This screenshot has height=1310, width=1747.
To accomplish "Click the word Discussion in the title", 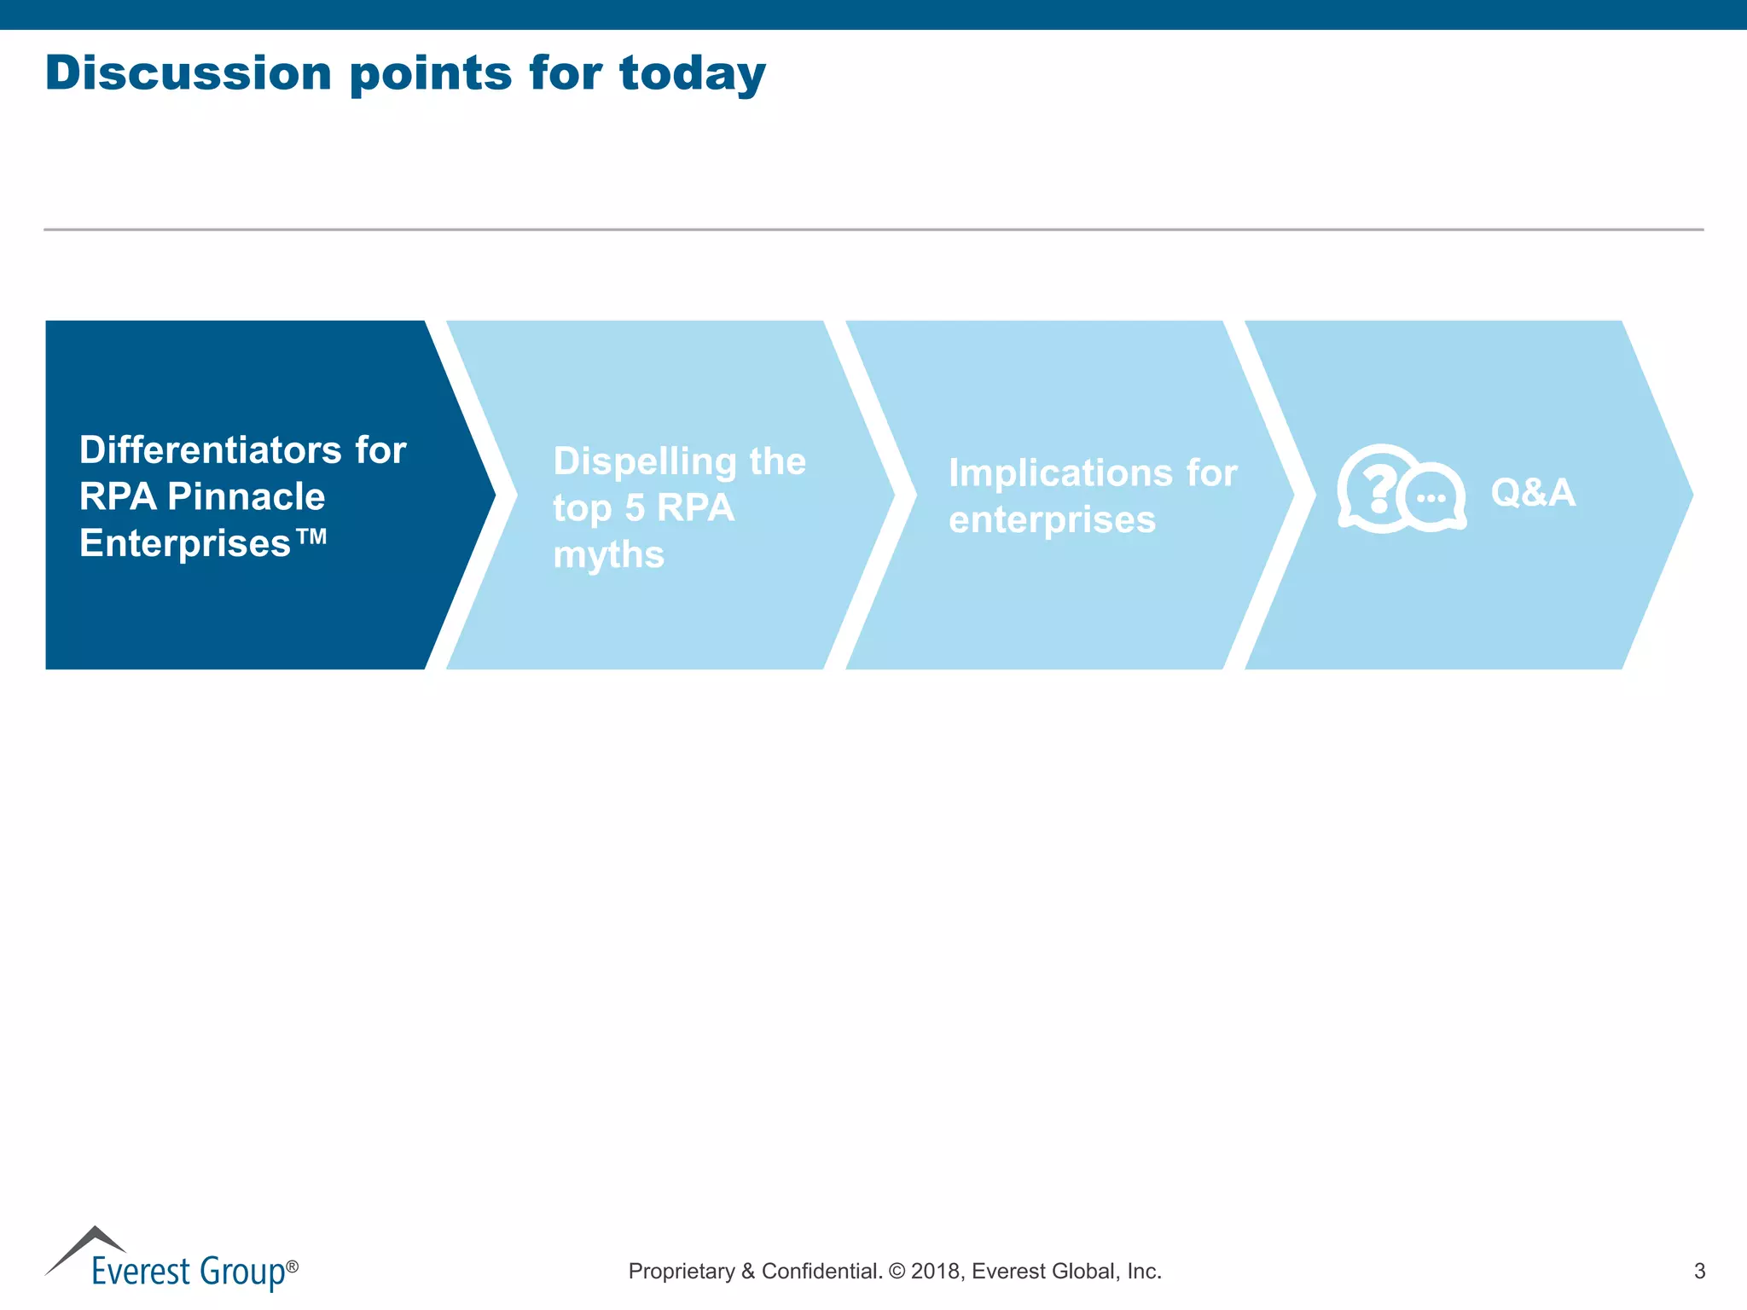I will point(188,72).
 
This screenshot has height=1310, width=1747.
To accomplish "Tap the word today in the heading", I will point(692,74).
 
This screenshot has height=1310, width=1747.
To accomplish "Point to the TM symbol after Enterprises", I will point(312,536).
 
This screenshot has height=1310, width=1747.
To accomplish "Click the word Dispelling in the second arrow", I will point(644,461).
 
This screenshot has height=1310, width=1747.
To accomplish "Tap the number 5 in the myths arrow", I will point(635,508).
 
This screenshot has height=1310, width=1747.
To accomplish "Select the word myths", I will point(608,556).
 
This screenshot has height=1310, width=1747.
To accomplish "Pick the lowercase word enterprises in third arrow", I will point(1052,520).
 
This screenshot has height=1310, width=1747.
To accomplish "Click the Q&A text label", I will point(1532,493).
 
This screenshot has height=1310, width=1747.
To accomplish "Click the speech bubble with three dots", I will point(1433,498).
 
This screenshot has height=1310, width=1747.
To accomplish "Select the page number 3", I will point(1699,1272).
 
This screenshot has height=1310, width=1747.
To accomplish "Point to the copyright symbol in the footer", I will point(897,1272).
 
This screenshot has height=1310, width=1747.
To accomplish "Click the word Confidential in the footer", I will point(821,1272).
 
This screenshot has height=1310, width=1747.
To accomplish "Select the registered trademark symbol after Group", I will point(292,1267).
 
